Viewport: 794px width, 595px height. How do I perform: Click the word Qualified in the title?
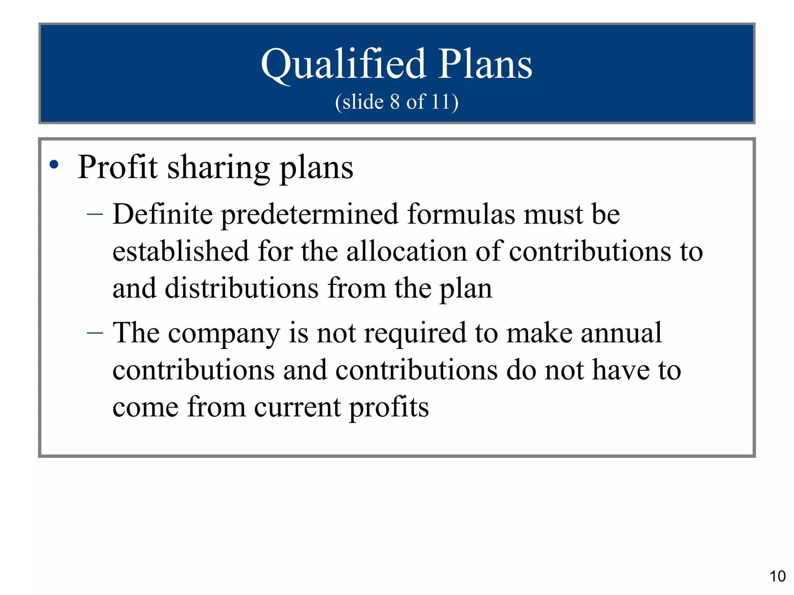click(x=343, y=64)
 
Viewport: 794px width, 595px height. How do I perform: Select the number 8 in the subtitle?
click(x=395, y=102)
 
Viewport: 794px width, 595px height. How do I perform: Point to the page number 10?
click(x=777, y=576)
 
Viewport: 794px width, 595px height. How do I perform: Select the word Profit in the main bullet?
click(x=117, y=167)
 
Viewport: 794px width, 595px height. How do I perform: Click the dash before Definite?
click(x=95, y=213)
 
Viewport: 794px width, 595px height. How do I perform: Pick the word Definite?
click(x=162, y=214)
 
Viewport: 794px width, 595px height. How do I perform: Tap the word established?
click(x=180, y=251)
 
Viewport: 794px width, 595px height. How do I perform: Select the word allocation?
click(x=407, y=251)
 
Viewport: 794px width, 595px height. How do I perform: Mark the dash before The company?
click(x=95, y=332)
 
